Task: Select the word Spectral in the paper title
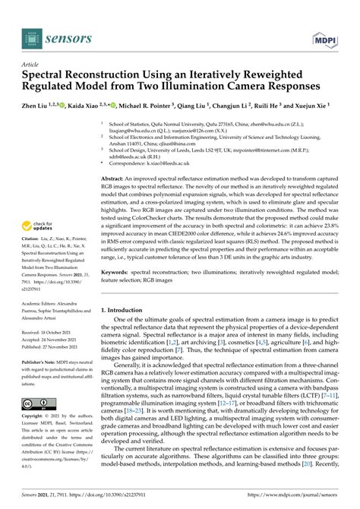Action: pos(47,78)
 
